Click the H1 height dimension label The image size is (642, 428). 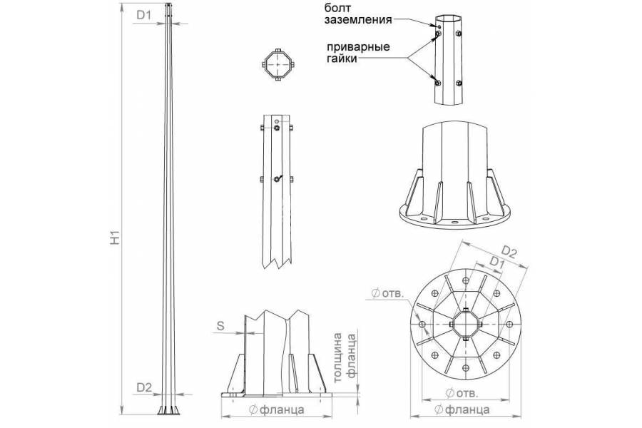point(113,238)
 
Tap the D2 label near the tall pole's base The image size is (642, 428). point(144,387)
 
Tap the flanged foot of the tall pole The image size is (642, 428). point(169,409)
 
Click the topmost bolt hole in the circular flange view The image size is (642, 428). point(466,280)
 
